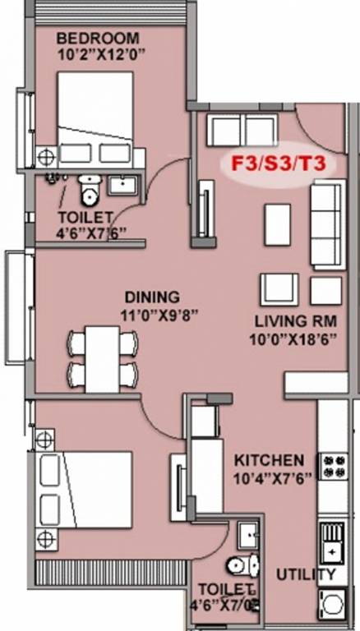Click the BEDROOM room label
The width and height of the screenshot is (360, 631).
98,38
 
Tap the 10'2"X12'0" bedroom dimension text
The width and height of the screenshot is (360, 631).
98,54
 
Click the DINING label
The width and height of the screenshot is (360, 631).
152,297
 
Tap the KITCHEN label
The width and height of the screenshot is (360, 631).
269,459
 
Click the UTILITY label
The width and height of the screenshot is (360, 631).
306,574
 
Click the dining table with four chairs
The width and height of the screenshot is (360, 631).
102,358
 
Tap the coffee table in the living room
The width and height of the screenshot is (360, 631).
276,223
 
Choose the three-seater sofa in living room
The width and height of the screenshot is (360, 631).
326,224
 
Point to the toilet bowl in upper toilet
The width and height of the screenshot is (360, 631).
88,192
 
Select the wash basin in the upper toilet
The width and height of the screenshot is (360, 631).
123,185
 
